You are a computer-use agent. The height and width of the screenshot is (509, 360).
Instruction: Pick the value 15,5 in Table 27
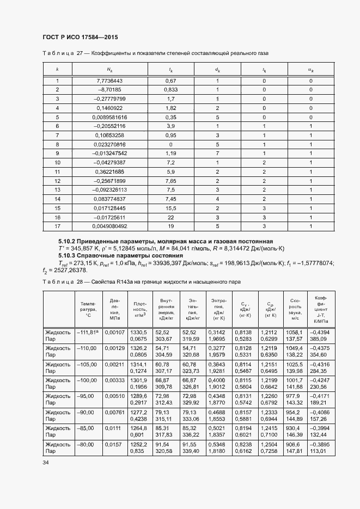click(171, 208)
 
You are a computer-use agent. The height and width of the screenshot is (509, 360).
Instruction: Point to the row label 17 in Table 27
click(57, 226)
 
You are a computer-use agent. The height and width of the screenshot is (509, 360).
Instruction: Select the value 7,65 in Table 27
click(171, 180)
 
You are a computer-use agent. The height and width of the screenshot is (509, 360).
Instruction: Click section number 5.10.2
click(67, 241)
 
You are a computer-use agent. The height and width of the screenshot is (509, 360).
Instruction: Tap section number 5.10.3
click(67, 255)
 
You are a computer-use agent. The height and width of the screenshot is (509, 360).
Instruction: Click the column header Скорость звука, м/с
click(295, 308)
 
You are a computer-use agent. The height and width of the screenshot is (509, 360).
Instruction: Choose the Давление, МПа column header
click(114, 308)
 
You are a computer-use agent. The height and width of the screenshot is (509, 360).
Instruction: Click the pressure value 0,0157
click(114, 444)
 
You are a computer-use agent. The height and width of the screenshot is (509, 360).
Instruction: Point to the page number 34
click(46, 462)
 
